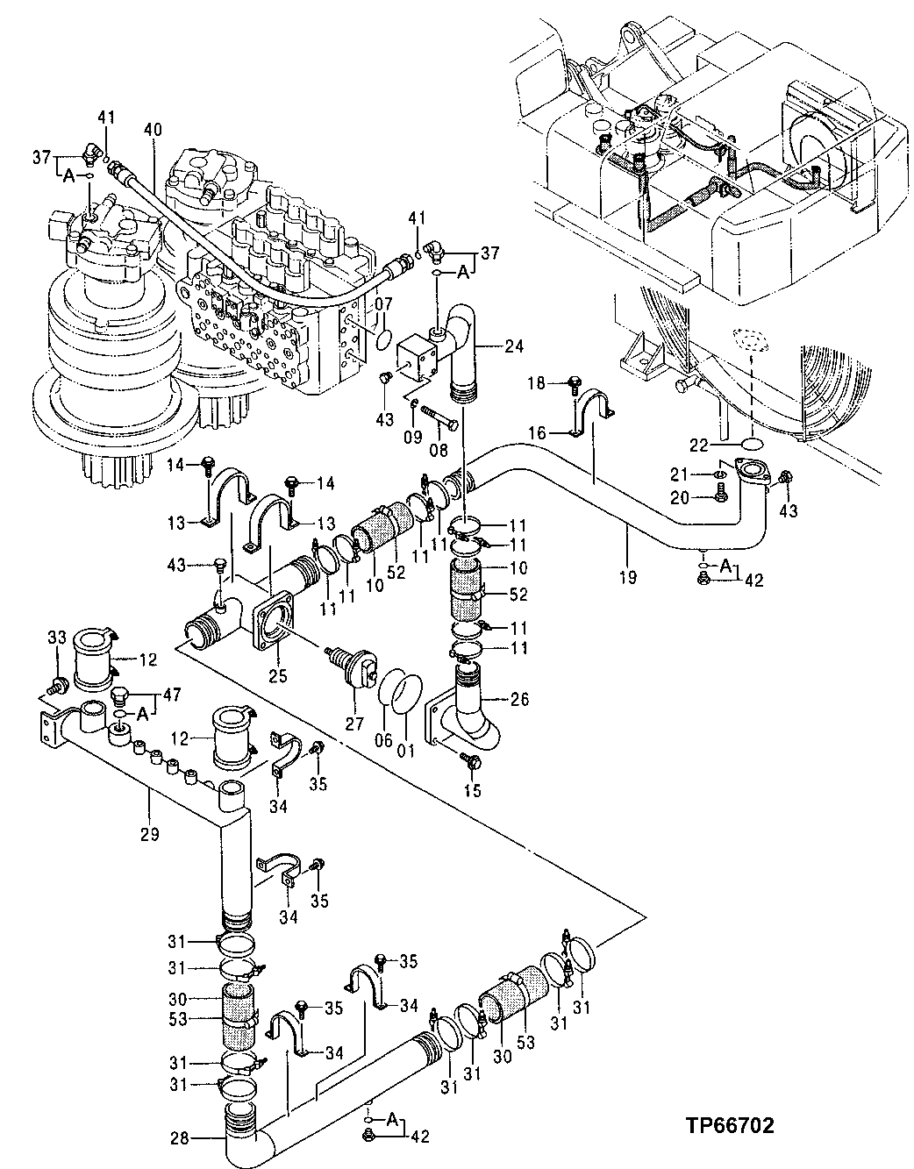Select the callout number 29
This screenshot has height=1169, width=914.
point(149,833)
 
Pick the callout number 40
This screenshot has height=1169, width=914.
point(153,130)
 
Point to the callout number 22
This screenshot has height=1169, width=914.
point(697,446)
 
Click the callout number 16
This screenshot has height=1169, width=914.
point(537,432)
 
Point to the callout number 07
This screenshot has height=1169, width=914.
point(384,304)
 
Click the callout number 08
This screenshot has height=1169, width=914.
point(437,450)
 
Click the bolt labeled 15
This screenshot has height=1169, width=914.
point(473,762)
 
